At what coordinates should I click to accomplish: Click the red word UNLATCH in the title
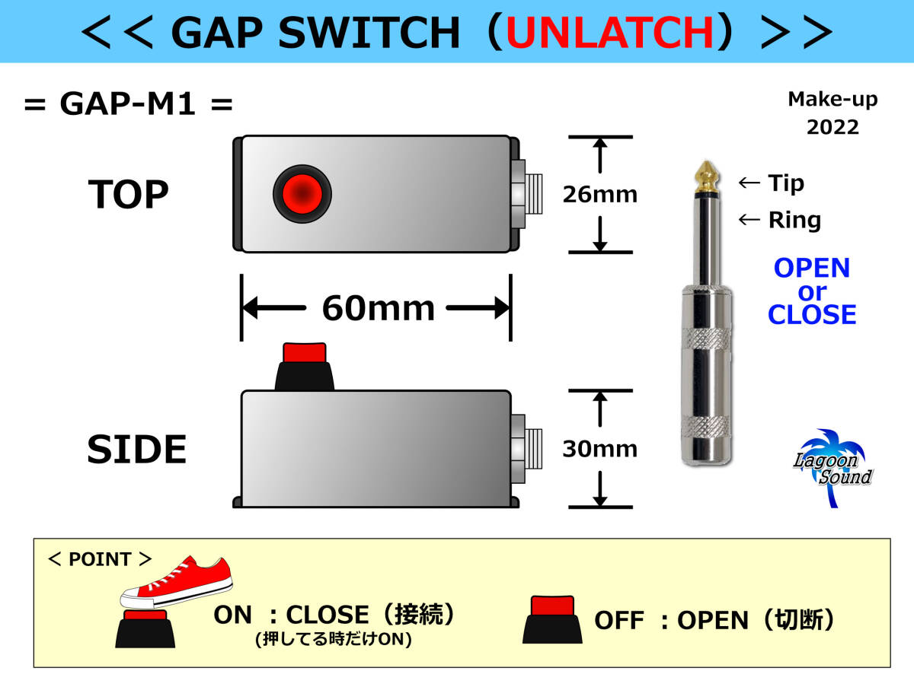[x=610, y=32]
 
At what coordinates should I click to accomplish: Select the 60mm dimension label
[x=378, y=308]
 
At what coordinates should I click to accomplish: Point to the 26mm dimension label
[x=599, y=195]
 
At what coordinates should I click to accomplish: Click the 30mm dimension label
[x=599, y=449]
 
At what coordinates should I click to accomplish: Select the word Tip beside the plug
[x=785, y=183]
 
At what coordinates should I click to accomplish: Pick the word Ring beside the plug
[x=794, y=221]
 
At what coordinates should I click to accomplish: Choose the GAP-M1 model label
[x=128, y=105]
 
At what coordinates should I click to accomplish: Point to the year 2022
[x=833, y=127]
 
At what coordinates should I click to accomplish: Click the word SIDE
[x=137, y=450]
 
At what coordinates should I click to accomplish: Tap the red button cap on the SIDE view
[x=304, y=353]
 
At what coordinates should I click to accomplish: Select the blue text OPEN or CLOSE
[x=812, y=291]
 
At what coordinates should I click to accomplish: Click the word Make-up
[x=833, y=99]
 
